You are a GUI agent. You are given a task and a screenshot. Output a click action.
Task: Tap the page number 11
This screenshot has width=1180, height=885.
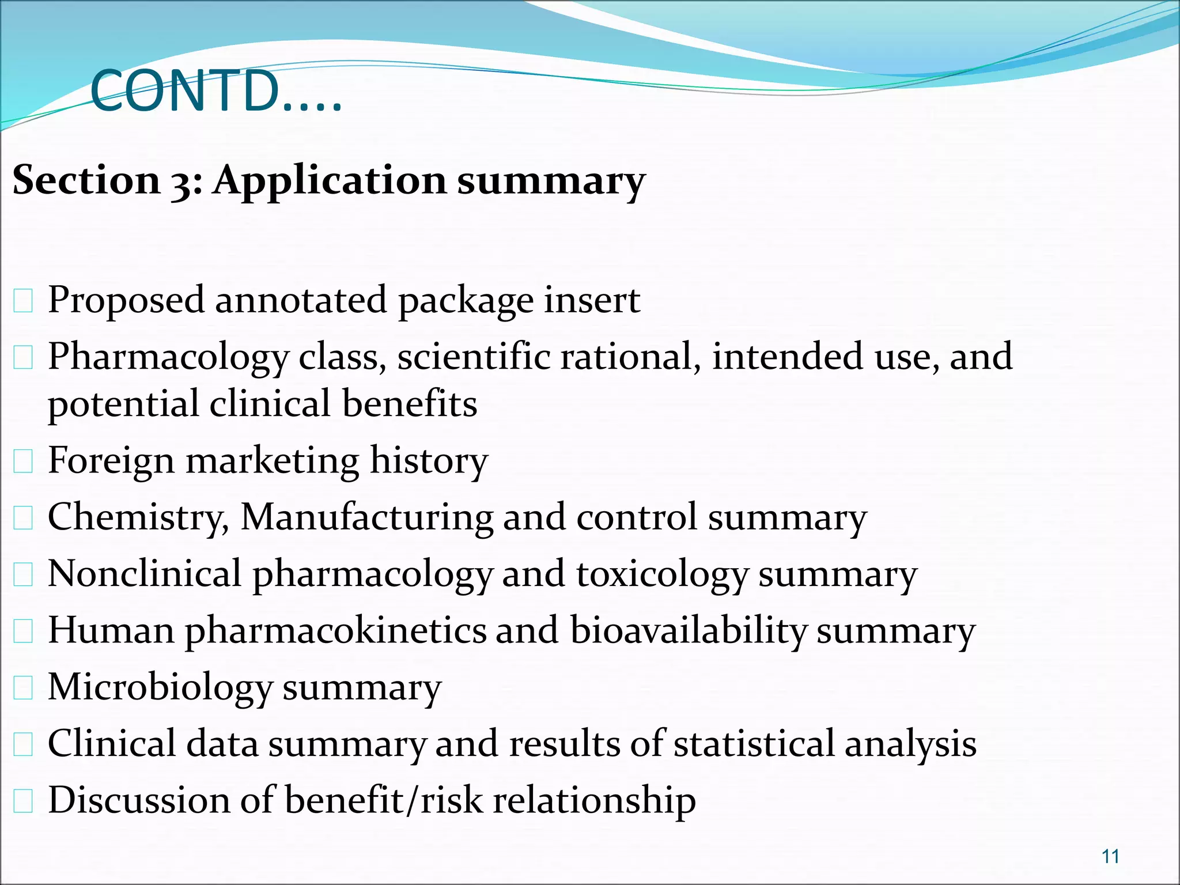1110,856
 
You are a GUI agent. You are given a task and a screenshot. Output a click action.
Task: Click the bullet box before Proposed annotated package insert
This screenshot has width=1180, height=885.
23,301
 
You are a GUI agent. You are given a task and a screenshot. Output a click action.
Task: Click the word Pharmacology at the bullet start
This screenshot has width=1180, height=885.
168,357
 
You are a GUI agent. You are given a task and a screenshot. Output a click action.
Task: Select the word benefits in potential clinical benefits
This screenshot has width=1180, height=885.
410,403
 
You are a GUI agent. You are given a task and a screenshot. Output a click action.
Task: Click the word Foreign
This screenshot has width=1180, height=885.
111,461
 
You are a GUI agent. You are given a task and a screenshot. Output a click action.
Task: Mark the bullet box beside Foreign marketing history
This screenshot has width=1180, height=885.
23,462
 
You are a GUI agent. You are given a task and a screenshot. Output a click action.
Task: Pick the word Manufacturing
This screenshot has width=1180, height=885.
366,516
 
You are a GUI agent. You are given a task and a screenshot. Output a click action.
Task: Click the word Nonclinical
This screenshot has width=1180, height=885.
144,573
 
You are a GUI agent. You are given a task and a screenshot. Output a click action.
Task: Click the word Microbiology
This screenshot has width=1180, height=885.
160,687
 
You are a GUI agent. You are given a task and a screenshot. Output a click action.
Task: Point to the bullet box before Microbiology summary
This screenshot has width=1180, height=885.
23,688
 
